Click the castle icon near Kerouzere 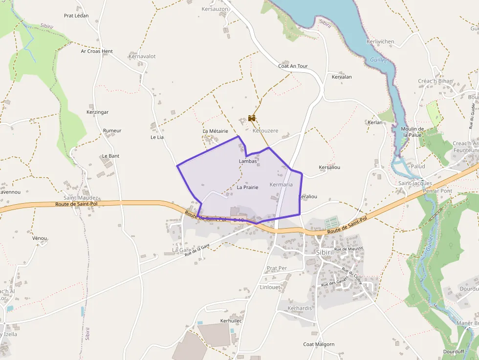[x=252, y=118]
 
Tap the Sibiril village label [x=325, y=252]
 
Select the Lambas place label [x=248, y=161]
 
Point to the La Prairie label [x=247, y=187]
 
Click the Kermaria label [x=281, y=185]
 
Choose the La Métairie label [x=216, y=131]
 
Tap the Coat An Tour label [x=293, y=66]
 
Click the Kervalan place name [x=342, y=77]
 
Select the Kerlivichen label [x=380, y=42]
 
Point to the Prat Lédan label [x=76, y=16]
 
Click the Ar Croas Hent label [x=97, y=51]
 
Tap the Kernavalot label [x=142, y=56]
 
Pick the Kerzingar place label [x=97, y=112]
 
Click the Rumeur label [x=112, y=130]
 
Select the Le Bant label [x=110, y=156]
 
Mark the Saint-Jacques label [x=415, y=183]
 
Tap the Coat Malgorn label [x=319, y=344]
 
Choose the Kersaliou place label [x=329, y=167]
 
